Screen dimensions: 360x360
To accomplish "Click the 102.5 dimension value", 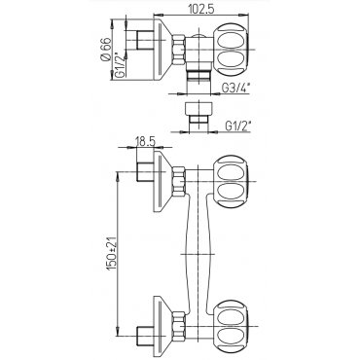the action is tap(201, 10).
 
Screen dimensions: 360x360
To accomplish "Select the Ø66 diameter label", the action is tap(106, 50).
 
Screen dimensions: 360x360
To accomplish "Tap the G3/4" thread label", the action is tap(236, 88).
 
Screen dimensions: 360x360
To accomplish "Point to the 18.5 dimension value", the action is tap(146, 142).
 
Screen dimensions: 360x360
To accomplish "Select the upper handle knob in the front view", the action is tap(231, 181).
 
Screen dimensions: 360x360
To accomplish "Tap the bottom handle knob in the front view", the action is tap(231, 326).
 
